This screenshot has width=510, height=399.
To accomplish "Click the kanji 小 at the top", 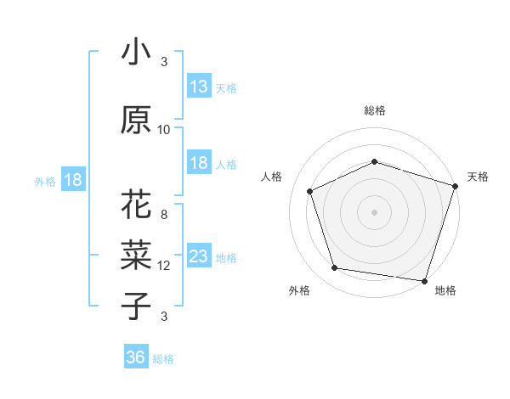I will (x=136, y=53).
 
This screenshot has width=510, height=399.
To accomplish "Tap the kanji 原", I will (x=136, y=121).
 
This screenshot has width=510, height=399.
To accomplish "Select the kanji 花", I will (x=136, y=206).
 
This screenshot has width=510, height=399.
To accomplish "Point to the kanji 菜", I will (x=136, y=256).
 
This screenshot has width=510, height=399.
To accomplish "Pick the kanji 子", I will (x=136, y=306).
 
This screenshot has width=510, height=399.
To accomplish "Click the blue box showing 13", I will (x=199, y=87).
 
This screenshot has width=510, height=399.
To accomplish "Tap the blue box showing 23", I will (x=199, y=257).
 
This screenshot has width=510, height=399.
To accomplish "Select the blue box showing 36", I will (x=136, y=357).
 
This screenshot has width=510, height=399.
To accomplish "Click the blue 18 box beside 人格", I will (x=199, y=163).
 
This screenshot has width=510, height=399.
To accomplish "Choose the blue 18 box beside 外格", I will (x=73, y=180).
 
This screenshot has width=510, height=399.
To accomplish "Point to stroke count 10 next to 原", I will (x=164, y=130).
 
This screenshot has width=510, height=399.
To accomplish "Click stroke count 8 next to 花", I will (x=164, y=215).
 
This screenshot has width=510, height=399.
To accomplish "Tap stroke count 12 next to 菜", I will (x=164, y=266).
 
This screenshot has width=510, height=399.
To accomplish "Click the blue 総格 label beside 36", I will (x=164, y=359).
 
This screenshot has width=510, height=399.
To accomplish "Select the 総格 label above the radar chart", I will (x=374, y=110).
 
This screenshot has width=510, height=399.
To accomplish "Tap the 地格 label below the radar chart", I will (x=445, y=290).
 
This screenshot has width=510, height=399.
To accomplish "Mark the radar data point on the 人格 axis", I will (x=310, y=191).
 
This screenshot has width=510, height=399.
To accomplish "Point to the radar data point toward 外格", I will (x=335, y=268).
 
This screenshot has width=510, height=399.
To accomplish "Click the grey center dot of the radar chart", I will (x=374, y=212).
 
